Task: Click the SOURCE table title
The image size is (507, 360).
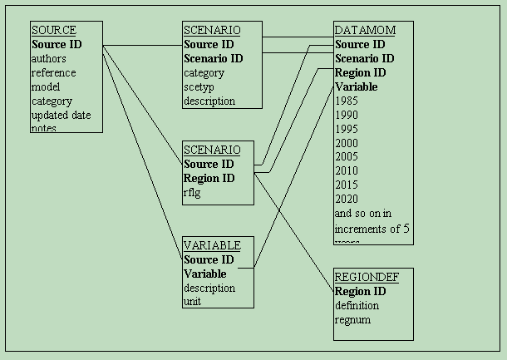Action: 53,31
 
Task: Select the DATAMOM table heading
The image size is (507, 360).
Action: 365,31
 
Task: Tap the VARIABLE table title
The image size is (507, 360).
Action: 212,245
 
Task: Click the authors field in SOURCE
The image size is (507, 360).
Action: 48,59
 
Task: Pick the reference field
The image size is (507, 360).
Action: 53,73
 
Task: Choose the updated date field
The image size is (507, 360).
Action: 61,115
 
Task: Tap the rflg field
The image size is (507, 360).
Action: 193,193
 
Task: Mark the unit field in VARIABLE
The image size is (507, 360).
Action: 192,302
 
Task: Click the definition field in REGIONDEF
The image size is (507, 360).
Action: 357,305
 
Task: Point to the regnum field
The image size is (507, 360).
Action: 352,319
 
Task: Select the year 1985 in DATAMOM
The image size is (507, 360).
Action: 346,101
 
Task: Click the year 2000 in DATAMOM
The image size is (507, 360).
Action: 346,143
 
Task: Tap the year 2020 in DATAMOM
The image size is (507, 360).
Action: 346,200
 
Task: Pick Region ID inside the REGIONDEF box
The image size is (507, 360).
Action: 360,291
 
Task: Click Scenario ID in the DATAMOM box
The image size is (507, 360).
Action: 364,58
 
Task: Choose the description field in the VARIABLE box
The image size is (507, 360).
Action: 209,288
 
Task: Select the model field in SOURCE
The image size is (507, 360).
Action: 46,87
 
